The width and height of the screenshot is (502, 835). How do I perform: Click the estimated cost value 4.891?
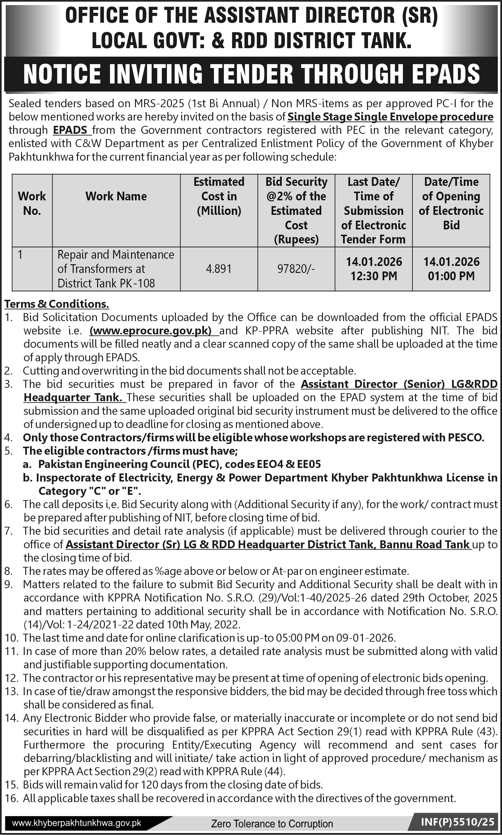tap(219, 269)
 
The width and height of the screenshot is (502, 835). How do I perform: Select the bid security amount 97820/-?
tap(296, 269)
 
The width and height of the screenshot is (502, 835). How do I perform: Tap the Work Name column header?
tap(116, 196)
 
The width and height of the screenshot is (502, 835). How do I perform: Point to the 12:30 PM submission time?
tap(373, 276)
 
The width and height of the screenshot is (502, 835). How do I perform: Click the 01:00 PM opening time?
tap(451, 276)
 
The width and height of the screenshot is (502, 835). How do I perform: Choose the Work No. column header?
tap(32, 203)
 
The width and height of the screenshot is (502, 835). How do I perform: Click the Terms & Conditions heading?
tap(56, 304)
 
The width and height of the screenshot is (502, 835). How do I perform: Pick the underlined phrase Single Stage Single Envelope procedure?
tap(390, 117)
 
